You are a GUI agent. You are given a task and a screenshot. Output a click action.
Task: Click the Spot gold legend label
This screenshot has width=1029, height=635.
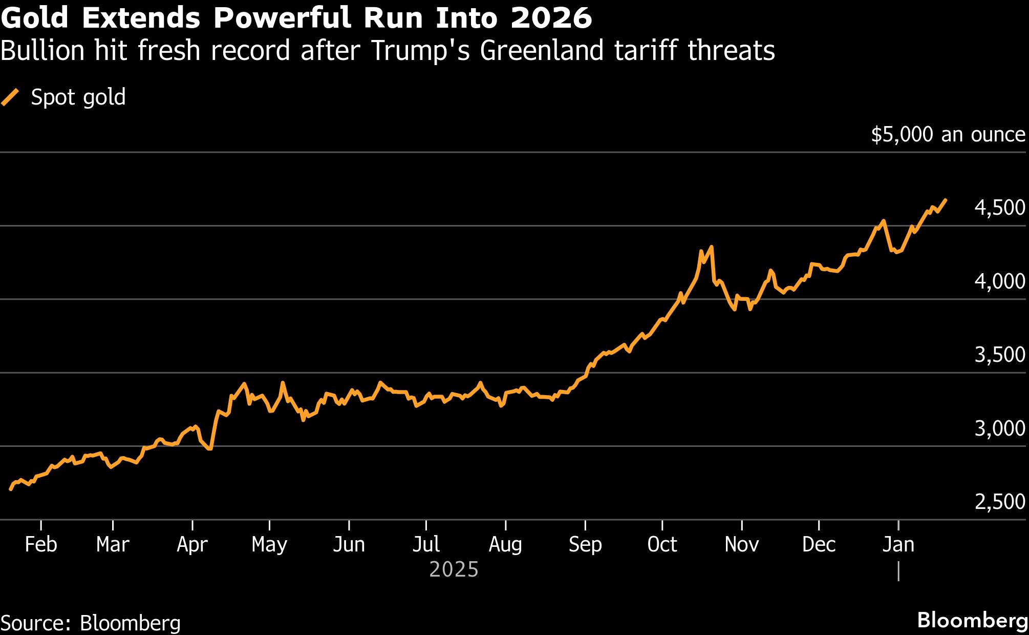coord(78,97)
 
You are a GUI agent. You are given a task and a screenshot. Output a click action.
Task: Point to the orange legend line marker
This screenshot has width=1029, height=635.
coord(10,97)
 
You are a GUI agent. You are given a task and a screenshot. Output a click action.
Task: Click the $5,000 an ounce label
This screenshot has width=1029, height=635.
coord(948,134)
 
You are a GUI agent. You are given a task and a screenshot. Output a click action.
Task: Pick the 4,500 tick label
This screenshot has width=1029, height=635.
coord(999,208)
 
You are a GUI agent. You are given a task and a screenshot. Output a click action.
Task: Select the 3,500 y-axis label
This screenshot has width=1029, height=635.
coord(999,355)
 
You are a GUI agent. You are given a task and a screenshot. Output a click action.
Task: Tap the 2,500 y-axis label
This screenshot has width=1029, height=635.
coord(999,502)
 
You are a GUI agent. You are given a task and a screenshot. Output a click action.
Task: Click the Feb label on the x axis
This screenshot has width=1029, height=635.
coord(41,544)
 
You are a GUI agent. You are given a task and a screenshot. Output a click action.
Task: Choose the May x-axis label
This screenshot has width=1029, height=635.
coord(269,544)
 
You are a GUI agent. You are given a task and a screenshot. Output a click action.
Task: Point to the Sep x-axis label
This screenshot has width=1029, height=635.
coord(585,544)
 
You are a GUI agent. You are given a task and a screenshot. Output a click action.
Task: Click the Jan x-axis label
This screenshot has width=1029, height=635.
coord(898,544)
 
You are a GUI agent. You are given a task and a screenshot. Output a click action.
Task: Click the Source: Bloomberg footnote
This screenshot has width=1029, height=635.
coord(91,623)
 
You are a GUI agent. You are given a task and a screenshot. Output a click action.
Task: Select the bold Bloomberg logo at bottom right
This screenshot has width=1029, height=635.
coord(972,620)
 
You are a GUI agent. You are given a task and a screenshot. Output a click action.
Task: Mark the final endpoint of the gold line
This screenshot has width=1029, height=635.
coord(945,200)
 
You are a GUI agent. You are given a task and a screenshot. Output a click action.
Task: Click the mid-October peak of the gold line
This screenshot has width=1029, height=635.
coord(711,247)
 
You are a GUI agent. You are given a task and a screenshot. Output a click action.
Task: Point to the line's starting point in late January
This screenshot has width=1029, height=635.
coord(11,489)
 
